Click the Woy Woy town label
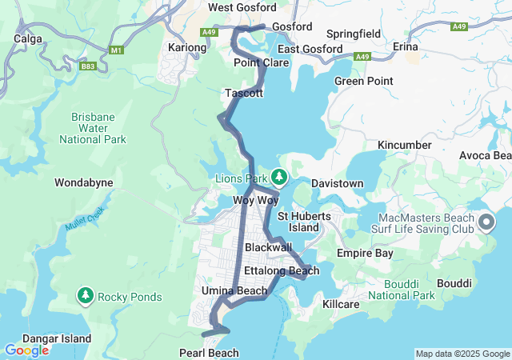point(254,199)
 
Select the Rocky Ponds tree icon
point(85,297)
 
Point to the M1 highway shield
point(118,50)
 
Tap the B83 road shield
point(88,67)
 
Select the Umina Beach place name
point(234,290)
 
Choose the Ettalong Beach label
point(282,271)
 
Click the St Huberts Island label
point(298,222)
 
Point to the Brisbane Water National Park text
point(93,128)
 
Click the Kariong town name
point(187,48)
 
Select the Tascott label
point(244,94)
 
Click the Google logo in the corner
point(26,350)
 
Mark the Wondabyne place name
point(83,183)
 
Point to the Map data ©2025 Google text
point(462,354)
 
